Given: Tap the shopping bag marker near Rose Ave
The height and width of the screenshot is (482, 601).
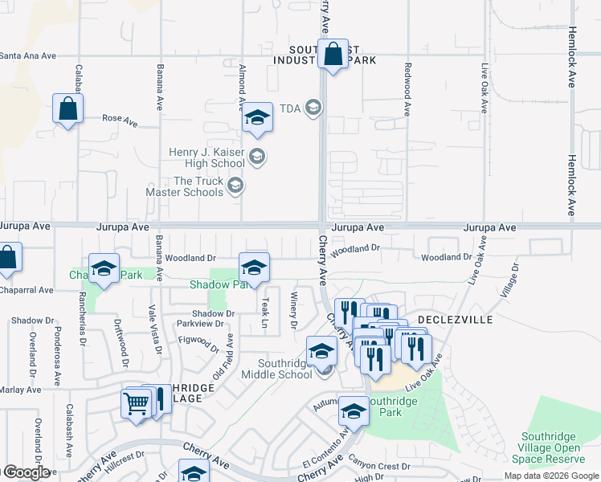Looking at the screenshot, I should coord(67,109).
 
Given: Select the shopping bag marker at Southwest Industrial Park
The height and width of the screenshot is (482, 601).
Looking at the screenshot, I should coord(333,55).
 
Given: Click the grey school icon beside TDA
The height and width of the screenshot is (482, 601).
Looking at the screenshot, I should coord(313,108).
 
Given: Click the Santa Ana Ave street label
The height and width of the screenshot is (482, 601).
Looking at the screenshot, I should coord(28,55).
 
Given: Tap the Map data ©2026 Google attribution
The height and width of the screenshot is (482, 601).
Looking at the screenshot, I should coord(551,476).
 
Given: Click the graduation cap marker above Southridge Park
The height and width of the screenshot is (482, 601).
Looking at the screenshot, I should coord(353,412).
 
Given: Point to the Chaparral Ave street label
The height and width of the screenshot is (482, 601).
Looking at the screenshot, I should coord(27,289).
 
